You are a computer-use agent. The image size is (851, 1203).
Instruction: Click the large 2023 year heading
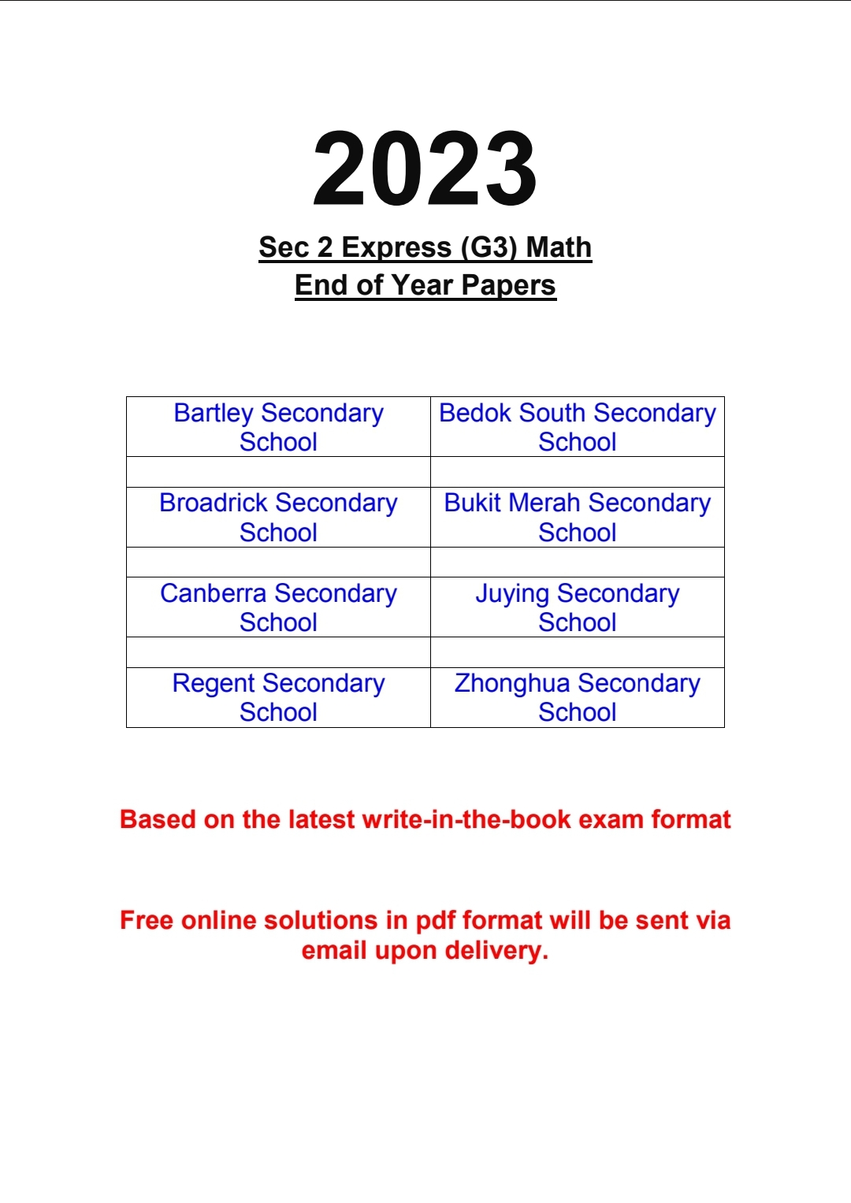coord(425,169)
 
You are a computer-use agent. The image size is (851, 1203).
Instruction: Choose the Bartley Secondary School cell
coord(278,427)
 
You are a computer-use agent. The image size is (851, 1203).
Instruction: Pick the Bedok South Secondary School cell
coord(578,427)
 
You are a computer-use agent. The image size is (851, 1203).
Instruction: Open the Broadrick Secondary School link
coord(278,518)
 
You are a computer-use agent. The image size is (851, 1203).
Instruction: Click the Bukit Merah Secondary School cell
coord(578,518)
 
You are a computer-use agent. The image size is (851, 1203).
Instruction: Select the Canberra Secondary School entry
coord(278,607)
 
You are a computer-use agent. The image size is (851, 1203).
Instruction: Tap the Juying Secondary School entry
coord(578,607)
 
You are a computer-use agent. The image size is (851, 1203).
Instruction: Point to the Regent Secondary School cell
coord(278,697)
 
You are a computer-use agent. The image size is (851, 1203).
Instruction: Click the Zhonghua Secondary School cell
coord(578,697)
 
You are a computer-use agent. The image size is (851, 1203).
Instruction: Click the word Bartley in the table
coord(214,414)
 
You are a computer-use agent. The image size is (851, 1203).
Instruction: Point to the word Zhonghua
coord(512,684)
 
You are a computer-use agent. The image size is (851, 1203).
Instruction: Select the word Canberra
coord(214,593)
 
